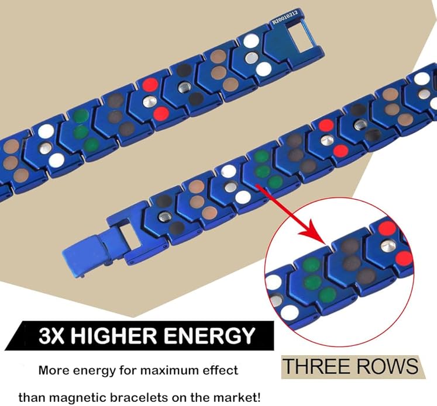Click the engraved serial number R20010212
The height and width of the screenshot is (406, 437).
tap(285, 18)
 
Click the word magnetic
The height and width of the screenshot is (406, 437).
tap(81, 398)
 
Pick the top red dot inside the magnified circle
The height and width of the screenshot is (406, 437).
tap(387, 228)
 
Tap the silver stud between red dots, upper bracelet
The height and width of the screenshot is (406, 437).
tap(149, 101)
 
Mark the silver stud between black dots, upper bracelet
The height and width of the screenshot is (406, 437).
tap(184, 88)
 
